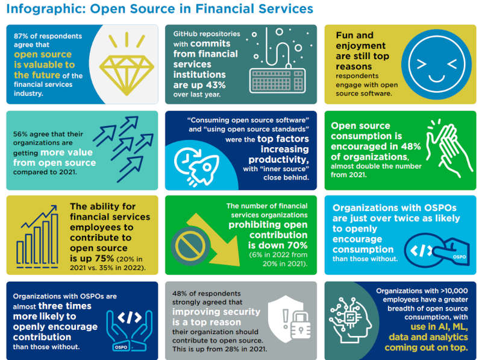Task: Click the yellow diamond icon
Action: [x=127, y=75]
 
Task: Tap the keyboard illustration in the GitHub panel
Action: [x=278, y=81]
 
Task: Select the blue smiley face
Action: [x=436, y=65]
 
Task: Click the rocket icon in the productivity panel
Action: [x=204, y=169]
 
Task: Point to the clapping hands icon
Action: [x=449, y=149]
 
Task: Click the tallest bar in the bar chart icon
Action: [x=54, y=239]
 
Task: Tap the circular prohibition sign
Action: [x=190, y=245]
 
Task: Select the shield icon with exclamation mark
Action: [x=286, y=318]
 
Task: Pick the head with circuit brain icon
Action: [x=349, y=320]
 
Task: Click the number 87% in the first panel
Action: [x=21, y=36]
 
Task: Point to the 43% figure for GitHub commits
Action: [x=216, y=85]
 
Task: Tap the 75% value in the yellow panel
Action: [x=104, y=259]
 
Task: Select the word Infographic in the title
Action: [x=46, y=9]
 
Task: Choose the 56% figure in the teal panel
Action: [x=20, y=134]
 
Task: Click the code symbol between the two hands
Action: [x=130, y=317]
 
